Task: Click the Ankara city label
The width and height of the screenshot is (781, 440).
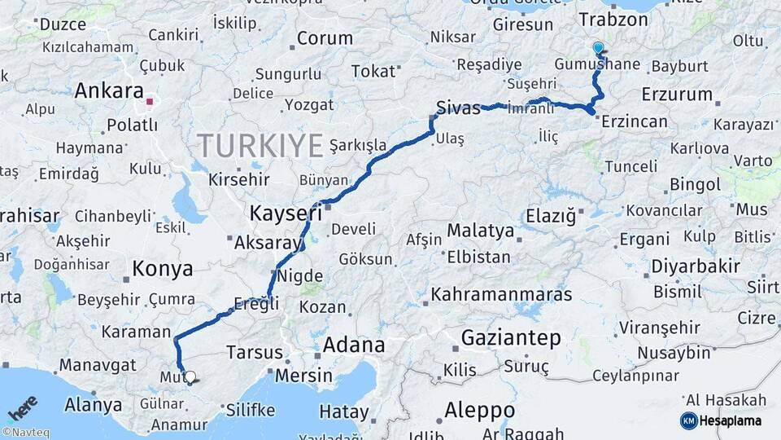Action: tap(109, 90)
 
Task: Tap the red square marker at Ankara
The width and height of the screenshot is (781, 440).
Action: tap(150, 103)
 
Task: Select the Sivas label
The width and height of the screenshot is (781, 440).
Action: tap(458, 108)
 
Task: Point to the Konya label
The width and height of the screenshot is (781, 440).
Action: tap(163, 269)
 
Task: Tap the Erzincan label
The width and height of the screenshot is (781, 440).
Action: tap(635, 122)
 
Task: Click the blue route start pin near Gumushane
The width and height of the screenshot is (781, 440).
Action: tap(598, 48)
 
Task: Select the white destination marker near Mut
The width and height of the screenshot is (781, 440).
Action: tap(190, 377)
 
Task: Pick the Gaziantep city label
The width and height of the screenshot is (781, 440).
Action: tap(511, 337)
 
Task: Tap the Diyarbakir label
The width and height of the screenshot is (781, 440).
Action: tap(696, 266)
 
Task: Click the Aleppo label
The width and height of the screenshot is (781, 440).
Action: tap(480, 409)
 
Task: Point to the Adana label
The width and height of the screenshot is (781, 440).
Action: tap(354, 345)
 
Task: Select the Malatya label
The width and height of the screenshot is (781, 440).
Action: tap(481, 231)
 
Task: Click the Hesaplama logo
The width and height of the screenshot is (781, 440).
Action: tap(722, 420)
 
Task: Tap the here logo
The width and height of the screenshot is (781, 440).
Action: tap(22, 406)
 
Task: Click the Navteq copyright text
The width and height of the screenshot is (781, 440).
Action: tap(25, 433)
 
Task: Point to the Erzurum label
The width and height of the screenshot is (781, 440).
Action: tap(677, 95)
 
